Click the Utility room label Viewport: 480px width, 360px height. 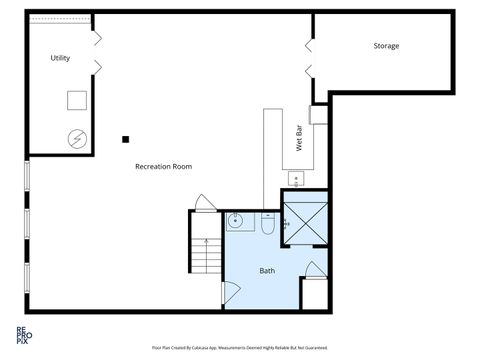pos(60,58)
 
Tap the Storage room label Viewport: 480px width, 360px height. pos(386,46)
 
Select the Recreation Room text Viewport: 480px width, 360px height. pos(163,166)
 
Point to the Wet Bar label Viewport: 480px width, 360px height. pos(299,140)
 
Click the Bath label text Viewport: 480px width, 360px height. pos(267,271)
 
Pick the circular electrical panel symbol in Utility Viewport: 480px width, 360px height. pos(76,138)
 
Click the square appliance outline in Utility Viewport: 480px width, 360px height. pos(77,100)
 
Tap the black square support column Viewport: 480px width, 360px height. pos(126,139)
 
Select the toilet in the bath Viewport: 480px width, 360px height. pos(268,224)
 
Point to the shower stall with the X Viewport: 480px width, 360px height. pos(304,224)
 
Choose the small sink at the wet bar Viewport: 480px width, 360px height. pos(296,179)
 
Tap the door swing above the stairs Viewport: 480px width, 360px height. pos(205,202)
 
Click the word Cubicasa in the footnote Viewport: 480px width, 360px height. pos(218,348)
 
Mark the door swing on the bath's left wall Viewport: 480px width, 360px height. pos(230,293)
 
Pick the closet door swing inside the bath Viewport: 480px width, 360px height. pos(314,269)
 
